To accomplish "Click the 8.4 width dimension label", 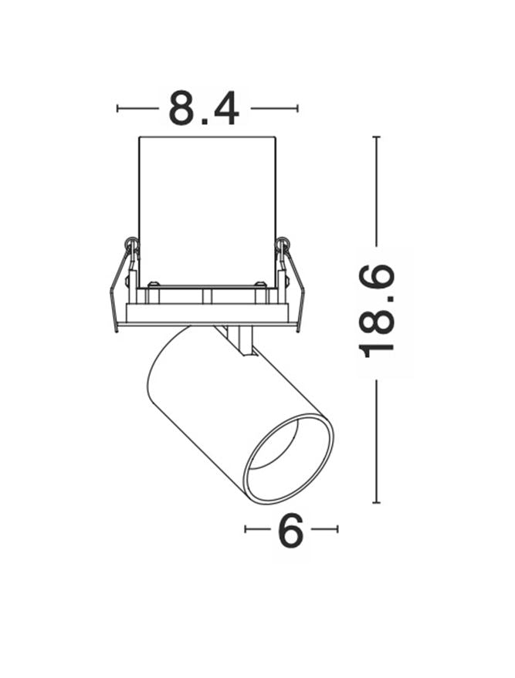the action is [204, 108].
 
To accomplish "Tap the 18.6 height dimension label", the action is [377, 312].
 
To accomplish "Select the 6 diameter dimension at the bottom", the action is [290, 530].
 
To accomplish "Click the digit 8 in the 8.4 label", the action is [182, 108].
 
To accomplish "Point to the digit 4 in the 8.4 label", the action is [226, 108].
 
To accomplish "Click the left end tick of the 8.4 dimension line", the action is [117, 108].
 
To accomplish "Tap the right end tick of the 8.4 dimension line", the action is [297, 108].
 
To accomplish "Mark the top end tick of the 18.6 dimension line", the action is [377, 137].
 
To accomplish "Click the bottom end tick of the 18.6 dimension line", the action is [377, 502].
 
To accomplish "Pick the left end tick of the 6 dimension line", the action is [246, 529].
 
